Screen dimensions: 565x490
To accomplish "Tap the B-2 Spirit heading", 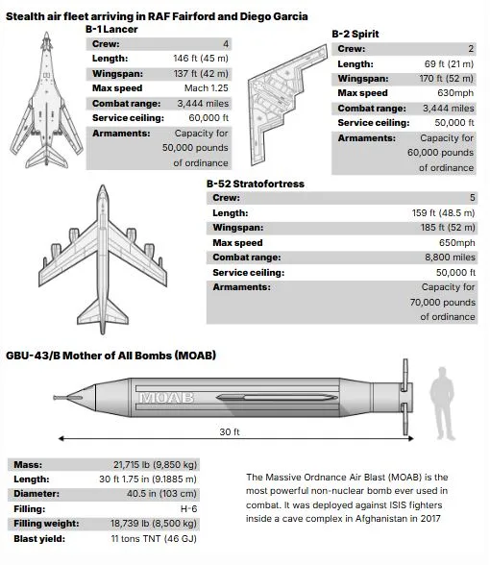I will [x=355, y=35].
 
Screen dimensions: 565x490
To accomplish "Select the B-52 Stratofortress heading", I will [x=255, y=183].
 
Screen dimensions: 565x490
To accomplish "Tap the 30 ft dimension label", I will [x=229, y=432].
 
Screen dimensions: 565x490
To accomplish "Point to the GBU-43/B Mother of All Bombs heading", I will [x=110, y=355].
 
